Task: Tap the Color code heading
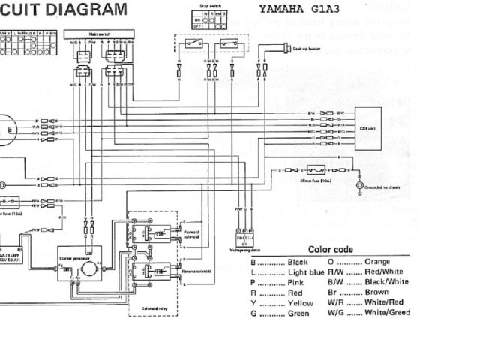331,249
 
